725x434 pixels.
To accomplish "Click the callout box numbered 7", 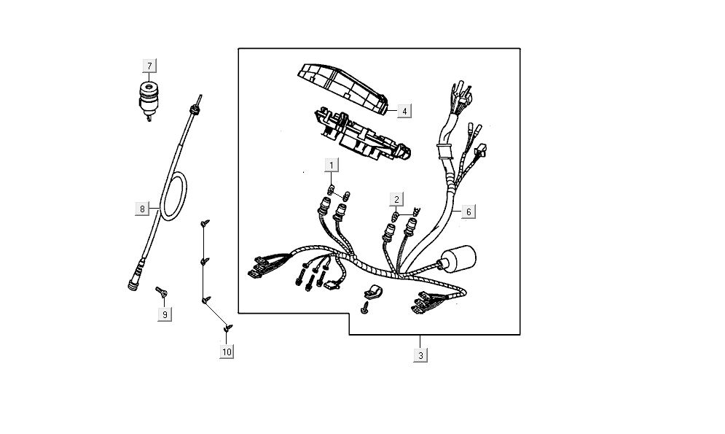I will pos(149,66).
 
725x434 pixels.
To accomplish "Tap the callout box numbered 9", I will pos(165,314).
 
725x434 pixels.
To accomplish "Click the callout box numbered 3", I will pos(420,355).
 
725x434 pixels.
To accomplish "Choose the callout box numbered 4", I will pos(404,111).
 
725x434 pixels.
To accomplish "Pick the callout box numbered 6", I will pos(469,212).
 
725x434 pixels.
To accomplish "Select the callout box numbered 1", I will pos(332,165).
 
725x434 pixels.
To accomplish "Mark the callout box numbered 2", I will pos(397,199).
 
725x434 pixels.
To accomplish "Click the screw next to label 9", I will pos(161,293).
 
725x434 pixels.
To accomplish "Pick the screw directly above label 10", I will pos(228,328).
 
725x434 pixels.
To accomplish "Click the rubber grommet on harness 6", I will pos(443,151).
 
